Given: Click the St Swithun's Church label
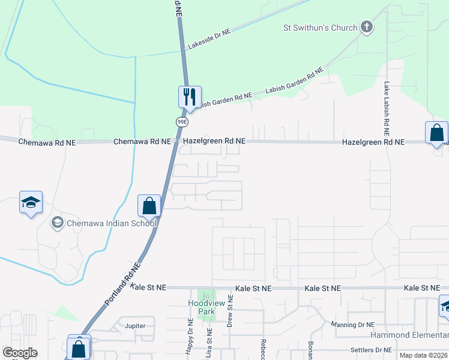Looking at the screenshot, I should (321, 28).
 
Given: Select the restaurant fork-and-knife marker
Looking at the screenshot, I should (190, 97).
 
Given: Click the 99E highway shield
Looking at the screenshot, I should (182, 121).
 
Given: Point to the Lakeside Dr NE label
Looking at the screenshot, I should (209, 41).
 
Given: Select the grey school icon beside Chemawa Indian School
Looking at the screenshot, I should (58, 223).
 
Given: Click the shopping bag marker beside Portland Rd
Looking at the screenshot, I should (149, 206).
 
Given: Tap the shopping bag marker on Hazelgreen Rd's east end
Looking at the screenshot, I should (436, 132).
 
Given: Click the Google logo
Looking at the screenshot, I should (20, 353).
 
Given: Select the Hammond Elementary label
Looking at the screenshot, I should (410, 334).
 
